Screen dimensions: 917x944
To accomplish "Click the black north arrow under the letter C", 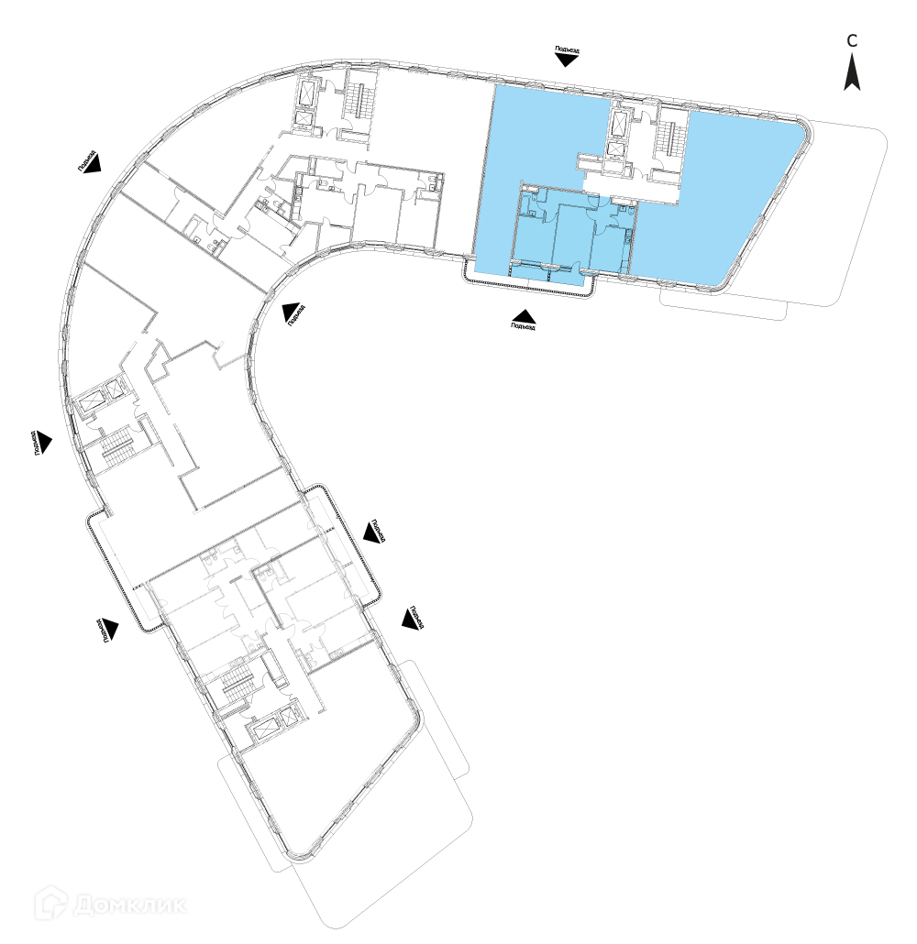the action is coord(852,72).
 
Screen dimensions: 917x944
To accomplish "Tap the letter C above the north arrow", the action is coord(852,40).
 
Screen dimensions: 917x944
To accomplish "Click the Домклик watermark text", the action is coord(129,906).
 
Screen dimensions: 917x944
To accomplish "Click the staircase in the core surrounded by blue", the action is coord(674,137).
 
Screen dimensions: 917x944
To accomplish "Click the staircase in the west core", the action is coord(117,450).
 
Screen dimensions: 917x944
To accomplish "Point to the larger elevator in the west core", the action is coord(94,400).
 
